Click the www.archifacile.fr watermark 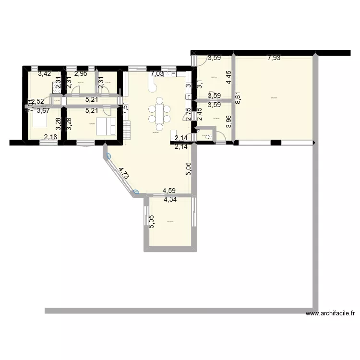click(330, 314)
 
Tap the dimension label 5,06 click(189, 169)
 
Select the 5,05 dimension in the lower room click(152, 222)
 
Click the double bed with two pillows click(106, 127)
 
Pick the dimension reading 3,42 click(44, 74)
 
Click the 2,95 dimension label click(81, 74)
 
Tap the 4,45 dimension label click(229, 78)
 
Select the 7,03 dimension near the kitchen click(157, 74)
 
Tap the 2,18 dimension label click(50, 138)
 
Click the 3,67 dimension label click(43, 111)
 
